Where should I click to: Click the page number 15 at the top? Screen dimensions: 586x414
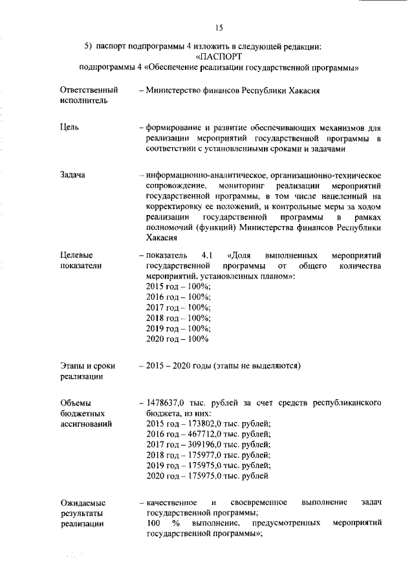coord(219,27)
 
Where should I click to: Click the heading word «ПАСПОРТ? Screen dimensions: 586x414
coord(219,56)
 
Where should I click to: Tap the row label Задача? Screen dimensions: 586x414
coord(72,175)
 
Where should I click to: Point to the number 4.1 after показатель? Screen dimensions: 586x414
coord(208,256)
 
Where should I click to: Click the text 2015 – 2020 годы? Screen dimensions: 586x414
coord(184,366)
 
